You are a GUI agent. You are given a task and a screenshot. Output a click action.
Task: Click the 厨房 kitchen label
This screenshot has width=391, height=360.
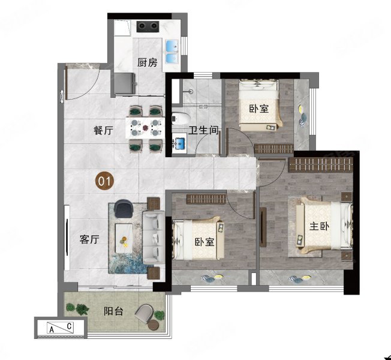(x=148, y=62)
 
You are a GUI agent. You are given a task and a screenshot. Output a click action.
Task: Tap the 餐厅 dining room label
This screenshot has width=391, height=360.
(x=104, y=130)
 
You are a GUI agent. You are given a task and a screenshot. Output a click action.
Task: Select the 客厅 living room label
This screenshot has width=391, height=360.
(x=89, y=239)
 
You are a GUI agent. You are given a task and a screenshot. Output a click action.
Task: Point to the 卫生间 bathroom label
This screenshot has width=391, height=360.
(x=203, y=130)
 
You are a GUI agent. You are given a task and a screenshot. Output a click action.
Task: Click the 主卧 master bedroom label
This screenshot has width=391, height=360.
(x=320, y=226)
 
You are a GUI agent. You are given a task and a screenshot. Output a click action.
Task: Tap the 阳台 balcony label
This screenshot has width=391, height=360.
(x=113, y=311)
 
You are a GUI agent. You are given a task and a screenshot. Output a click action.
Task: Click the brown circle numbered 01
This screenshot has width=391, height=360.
(x=105, y=181)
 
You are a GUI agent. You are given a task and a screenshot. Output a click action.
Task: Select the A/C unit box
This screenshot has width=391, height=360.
(x=61, y=328)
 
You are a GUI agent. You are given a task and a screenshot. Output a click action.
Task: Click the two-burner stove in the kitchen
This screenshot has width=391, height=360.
(x=148, y=26)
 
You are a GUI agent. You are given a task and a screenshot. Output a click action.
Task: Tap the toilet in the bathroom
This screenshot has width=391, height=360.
(x=181, y=119)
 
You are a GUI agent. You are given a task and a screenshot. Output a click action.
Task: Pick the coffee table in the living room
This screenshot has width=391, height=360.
(x=124, y=238)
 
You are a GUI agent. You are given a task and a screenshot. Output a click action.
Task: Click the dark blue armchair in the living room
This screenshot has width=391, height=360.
(x=124, y=208)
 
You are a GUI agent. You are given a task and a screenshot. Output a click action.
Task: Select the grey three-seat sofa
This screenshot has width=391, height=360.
(x=153, y=238)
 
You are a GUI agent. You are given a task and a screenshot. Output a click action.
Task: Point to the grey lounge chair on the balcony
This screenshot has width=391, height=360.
(x=145, y=314)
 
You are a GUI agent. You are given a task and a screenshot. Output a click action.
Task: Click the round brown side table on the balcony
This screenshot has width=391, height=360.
(x=153, y=325)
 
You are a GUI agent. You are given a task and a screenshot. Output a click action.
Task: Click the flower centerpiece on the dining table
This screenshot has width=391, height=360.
(x=145, y=128)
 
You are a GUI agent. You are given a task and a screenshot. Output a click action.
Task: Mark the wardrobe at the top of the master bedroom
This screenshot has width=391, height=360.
(x=321, y=164)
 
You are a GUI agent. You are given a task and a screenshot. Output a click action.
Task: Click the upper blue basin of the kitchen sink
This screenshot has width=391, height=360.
(x=172, y=46)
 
